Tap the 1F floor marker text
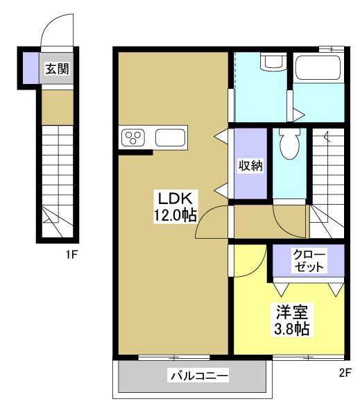click(x=71, y=254)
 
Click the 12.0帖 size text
click(x=173, y=215)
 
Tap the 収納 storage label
click(x=250, y=165)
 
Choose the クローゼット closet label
click(x=307, y=260)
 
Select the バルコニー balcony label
click(x=198, y=376)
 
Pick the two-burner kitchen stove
click(x=133, y=137)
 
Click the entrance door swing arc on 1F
click(x=58, y=31)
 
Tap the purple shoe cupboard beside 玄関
click(x=31, y=67)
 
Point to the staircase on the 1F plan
click(x=56, y=180)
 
